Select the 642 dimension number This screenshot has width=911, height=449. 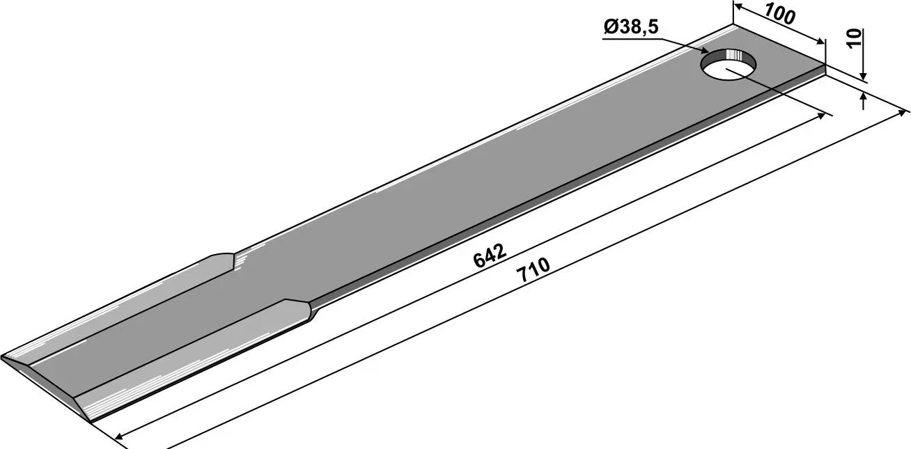(x=490, y=256)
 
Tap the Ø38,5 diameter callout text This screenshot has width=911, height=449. (x=631, y=28)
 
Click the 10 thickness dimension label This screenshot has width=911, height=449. (x=855, y=38)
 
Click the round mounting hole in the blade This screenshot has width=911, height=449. (x=729, y=64)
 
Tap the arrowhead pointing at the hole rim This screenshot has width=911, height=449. (x=702, y=52)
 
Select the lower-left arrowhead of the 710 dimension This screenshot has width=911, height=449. (x=120, y=436)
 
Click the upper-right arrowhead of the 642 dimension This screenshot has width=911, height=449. (x=820, y=116)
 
